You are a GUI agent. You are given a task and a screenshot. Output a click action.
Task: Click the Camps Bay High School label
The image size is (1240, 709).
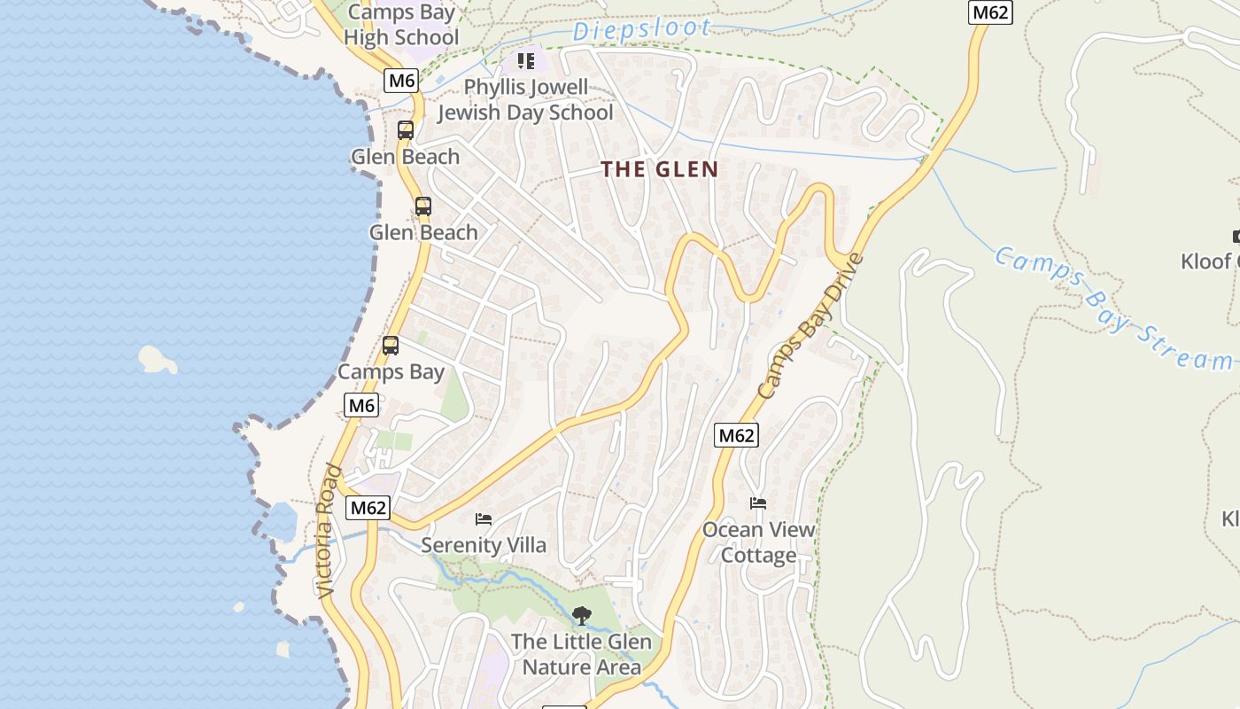coord(401,25)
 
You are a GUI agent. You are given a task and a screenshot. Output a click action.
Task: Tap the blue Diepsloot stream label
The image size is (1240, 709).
coord(640,30)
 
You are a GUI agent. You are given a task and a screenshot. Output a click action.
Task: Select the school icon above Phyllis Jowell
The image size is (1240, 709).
coord(526,61)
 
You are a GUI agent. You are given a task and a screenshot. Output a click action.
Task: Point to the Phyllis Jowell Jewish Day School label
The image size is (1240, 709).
coord(525,100)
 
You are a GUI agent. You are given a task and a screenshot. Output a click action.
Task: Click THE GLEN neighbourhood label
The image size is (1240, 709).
coord(660,169)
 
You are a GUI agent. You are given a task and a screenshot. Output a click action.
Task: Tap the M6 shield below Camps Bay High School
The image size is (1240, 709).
coord(402,81)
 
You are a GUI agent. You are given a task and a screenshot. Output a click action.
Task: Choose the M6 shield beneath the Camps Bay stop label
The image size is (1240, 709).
coord(361,406)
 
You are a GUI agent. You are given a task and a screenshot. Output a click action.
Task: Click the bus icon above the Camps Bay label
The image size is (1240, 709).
coord(391,346)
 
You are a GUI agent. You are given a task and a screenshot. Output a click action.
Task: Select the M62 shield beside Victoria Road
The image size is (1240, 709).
coord(368,508)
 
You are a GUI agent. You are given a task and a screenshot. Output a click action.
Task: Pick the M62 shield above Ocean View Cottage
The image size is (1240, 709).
coord(736,435)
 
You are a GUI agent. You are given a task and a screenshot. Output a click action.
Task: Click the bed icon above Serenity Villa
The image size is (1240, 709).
coord(484,519)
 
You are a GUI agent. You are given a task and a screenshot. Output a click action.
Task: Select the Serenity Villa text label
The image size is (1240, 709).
coord(484,544)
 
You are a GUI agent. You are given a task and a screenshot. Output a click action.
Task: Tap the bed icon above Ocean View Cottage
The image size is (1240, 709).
coord(758,503)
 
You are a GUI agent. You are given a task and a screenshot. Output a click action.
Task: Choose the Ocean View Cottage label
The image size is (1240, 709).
coord(758,542)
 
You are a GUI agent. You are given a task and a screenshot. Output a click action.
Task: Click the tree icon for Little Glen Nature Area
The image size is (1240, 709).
coord(581,615)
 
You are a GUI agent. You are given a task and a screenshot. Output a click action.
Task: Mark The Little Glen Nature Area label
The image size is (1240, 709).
coord(581,654)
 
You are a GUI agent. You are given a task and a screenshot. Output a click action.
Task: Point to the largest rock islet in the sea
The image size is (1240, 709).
coord(157,359)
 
